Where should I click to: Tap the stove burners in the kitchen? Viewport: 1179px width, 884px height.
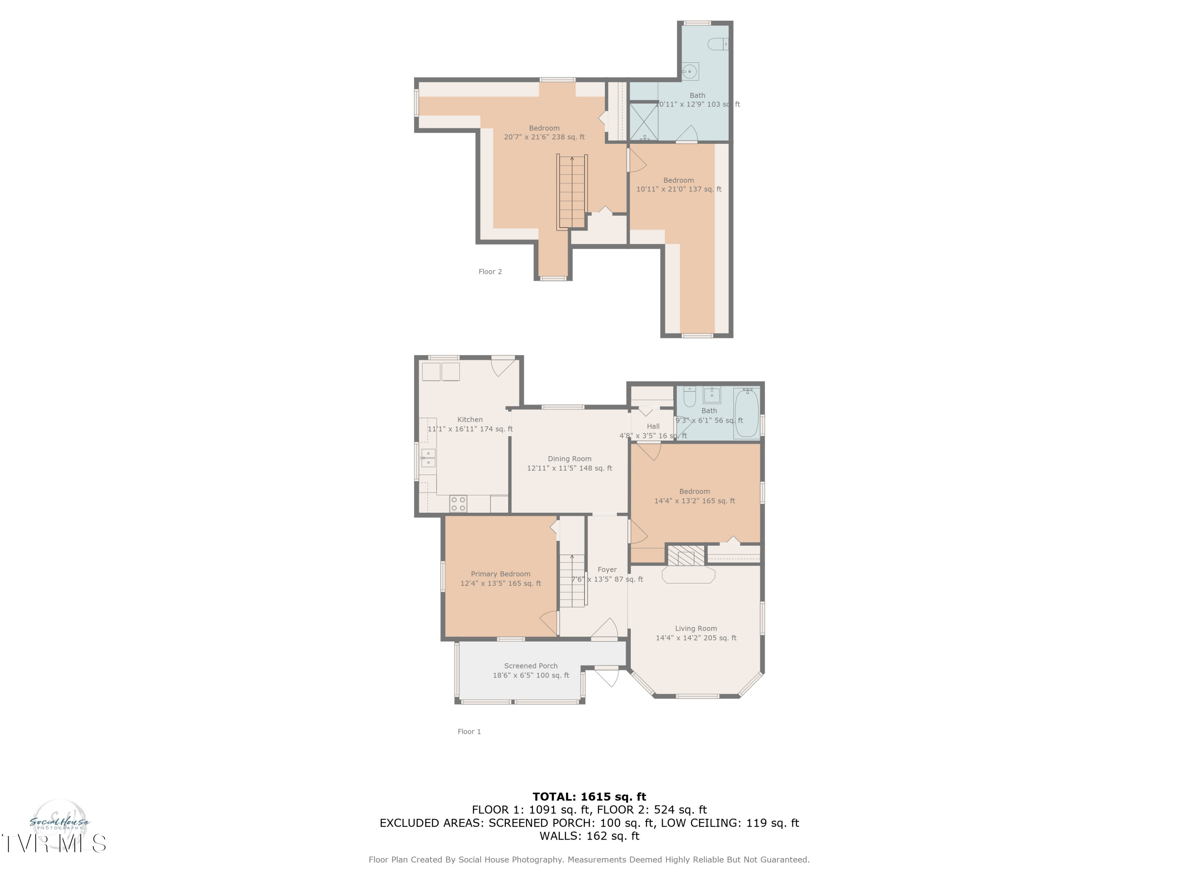(x=458, y=504)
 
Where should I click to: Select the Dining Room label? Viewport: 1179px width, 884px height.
(x=569, y=459)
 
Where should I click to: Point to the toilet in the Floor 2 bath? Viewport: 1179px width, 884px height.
(x=717, y=44)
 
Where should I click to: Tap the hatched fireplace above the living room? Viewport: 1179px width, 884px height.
(x=686, y=555)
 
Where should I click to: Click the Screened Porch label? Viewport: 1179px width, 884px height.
(x=531, y=666)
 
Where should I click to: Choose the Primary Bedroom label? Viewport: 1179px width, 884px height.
(x=501, y=574)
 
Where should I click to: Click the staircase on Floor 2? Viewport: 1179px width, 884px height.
(x=572, y=192)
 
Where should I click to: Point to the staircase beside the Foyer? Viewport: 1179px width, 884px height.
(x=572, y=581)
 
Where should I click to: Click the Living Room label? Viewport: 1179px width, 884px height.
(x=696, y=628)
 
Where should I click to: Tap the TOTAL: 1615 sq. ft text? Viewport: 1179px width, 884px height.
(x=589, y=797)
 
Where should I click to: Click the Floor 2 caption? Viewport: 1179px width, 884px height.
(x=490, y=272)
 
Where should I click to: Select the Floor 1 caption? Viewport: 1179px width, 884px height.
(x=469, y=732)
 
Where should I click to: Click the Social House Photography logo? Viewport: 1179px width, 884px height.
(x=59, y=823)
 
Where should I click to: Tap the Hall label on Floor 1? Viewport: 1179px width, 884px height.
(x=653, y=426)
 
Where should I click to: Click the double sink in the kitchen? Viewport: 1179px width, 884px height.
(x=428, y=458)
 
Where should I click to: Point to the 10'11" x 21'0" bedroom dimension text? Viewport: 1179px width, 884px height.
(x=678, y=189)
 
